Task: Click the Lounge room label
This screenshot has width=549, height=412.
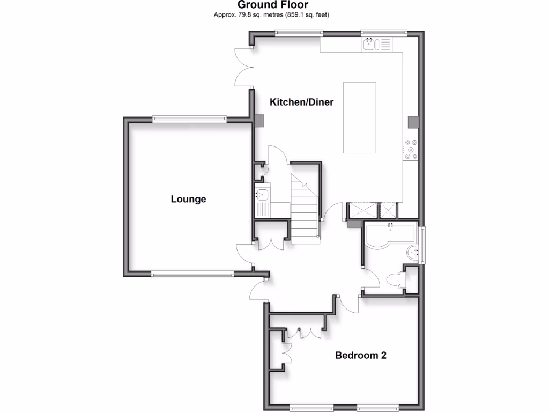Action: click(x=188, y=199)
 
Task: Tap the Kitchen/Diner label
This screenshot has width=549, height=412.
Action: click(x=301, y=102)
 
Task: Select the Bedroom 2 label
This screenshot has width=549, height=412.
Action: click(x=361, y=355)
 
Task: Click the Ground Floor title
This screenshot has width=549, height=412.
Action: click(x=273, y=5)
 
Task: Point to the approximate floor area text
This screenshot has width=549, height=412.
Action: click(x=271, y=15)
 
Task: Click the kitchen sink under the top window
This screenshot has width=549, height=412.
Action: click(x=370, y=44)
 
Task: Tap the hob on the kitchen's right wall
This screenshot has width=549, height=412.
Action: click(x=411, y=150)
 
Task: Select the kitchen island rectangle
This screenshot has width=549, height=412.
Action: click(x=359, y=117)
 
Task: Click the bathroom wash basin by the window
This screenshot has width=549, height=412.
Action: click(x=412, y=252)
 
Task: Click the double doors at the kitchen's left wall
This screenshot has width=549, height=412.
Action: click(x=243, y=67)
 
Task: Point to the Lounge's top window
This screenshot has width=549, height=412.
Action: click(x=189, y=119)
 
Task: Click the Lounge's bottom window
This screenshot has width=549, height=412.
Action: click(x=192, y=275)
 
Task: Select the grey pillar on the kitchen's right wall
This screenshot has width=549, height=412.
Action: click(x=412, y=122)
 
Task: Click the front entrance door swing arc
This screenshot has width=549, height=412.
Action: click(x=257, y=290)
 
